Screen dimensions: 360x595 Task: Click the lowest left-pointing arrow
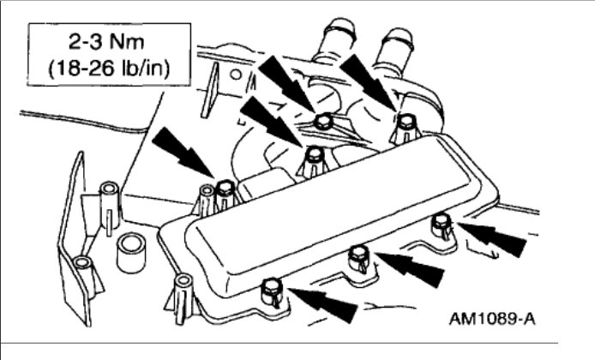click(x=327, y=303)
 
